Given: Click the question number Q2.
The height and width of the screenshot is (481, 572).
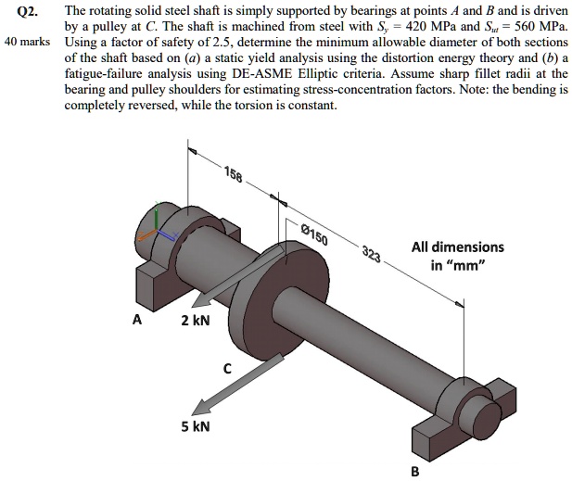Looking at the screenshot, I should pos(25,13).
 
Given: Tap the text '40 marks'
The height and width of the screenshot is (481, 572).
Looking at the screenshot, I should pos(25,44).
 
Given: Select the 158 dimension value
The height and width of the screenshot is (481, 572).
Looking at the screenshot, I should pos(234,177).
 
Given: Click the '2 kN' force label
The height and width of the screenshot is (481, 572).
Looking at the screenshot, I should pos(196,321).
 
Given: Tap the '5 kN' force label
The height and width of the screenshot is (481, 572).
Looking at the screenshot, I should pos(196,426).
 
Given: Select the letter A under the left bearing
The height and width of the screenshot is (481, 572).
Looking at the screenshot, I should pos(137,321).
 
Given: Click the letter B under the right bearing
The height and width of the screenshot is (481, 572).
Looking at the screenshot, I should pos(414,471).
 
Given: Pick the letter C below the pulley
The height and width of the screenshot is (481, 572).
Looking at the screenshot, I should pos(227,368).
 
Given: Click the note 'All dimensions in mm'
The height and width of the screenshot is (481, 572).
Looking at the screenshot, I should pos(458,256).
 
